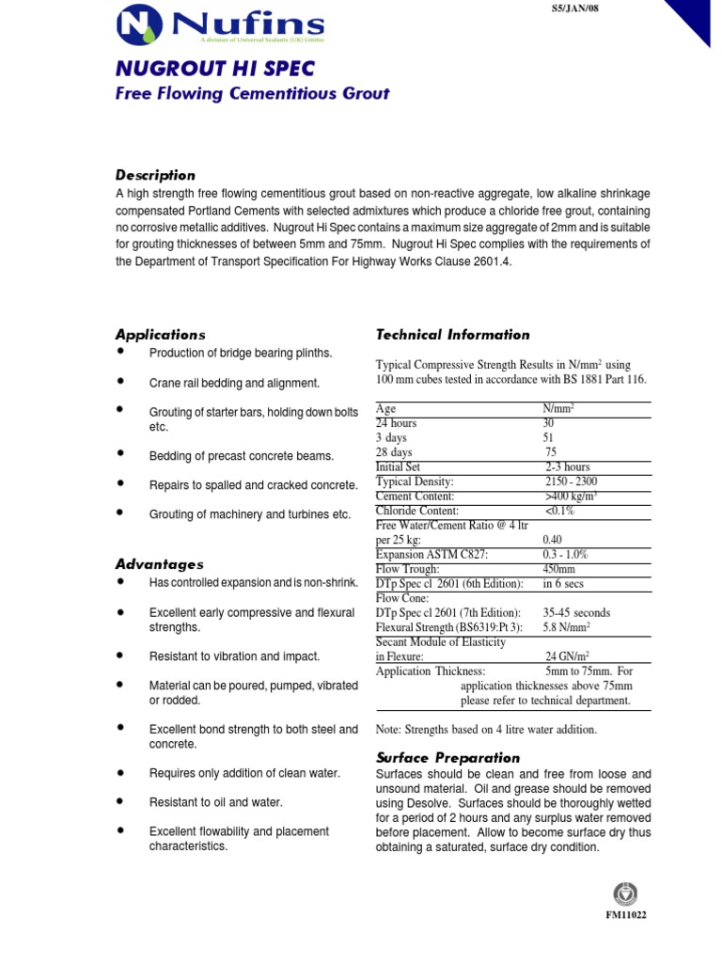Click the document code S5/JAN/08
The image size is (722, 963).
[x=572, y=8]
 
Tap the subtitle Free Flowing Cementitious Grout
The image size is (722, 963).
[x=252, y=94]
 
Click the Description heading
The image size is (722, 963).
[x=155, y=175]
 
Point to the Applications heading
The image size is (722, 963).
[x=160, y=335]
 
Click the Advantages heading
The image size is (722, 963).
[x=159, y=564]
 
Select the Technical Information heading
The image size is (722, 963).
[x=452, y=335]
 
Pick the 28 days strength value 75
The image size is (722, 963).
[x=551, y=452]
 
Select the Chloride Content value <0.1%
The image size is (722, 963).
[x=559, y=511]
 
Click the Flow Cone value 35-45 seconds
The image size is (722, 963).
[x=576, y=612]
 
